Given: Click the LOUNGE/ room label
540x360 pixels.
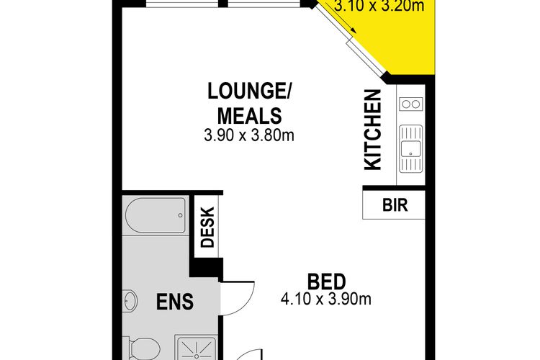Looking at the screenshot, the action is click(x=249, y=91).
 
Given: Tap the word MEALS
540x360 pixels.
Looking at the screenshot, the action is click(x=249, y=116).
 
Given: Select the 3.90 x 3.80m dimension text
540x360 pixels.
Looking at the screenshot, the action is click(x=249, y=135).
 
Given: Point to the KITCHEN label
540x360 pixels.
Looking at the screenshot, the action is click(x=373, y=130).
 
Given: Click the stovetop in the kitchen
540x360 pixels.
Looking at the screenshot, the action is click(x=411, y=104).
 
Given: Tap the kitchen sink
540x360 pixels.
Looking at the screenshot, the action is click(x=410, y=148).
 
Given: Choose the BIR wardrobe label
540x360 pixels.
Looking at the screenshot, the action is click(x=395, y=205).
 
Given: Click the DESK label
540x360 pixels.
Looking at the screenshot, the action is click(x=207, y=228).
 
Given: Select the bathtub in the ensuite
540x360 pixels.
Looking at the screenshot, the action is click(x=156, y=216).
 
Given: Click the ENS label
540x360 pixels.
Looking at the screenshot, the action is click(x=175, y=302).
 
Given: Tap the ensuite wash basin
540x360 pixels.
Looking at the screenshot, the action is click(x=130, y=301).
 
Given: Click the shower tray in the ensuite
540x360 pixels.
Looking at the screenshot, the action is click(x=196, y=347).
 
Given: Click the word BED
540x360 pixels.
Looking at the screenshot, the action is click(x=326, y=282).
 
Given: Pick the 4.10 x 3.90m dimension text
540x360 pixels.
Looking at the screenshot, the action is click(x=326, y=299).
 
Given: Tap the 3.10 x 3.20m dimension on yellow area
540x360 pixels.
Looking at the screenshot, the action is click(x=379, y=6).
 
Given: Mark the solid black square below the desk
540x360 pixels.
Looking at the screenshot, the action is click(x=206, y=267).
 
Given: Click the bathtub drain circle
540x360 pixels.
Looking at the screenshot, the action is click(x=180, y=216).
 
